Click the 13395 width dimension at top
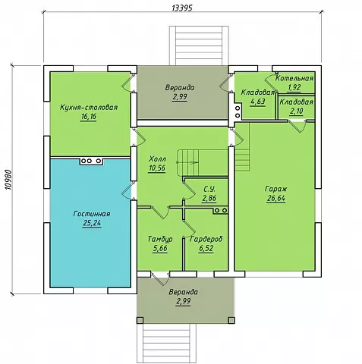182,8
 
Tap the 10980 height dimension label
9,180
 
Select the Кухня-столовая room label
89,107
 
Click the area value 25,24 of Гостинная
92,223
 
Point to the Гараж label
276,189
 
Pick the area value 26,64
276,199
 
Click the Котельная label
294,78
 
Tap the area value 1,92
294,87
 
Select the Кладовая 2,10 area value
296,111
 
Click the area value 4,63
257,102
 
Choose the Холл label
157,159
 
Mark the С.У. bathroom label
209,189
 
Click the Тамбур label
160,239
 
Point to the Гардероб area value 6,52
206,248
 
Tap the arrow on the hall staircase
194,162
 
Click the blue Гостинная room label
92,214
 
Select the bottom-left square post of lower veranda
140,320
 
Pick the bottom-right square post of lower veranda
231,320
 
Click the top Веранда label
180,88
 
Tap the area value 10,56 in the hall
157,168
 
